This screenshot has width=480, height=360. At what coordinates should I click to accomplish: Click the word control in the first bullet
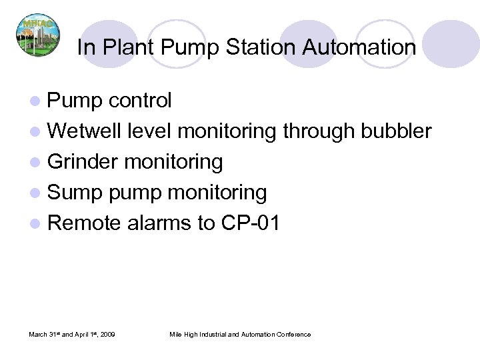[x=140, y=101]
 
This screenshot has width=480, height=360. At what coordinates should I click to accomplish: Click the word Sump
[x=75, y=193]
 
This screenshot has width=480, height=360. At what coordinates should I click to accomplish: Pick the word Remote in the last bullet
[x=84, y=223]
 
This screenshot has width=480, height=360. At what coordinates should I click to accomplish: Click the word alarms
[x=158, y=223]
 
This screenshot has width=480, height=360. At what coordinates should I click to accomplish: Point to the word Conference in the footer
[x=292, y=334]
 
